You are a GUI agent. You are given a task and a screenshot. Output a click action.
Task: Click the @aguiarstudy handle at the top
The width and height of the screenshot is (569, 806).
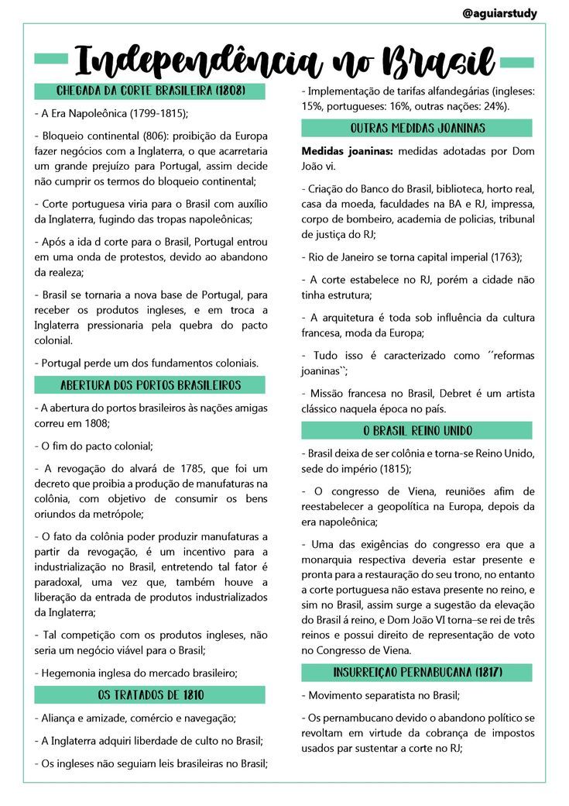pos(499,13)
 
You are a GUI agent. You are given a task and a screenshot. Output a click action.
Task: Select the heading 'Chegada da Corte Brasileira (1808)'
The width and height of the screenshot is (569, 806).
pos(150,91)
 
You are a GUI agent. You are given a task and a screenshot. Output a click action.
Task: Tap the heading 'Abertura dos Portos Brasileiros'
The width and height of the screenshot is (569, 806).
pos(150,385)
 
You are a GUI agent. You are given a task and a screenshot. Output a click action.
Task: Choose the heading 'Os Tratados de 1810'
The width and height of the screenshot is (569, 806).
pos(150,694)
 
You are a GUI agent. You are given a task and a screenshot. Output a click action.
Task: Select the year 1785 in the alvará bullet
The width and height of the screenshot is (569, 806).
pos(184,468)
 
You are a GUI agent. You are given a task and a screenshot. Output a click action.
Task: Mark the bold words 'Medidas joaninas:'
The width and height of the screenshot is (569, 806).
pos(346,150)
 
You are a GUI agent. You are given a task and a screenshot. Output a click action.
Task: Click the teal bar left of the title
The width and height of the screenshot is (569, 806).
pos(53,60)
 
